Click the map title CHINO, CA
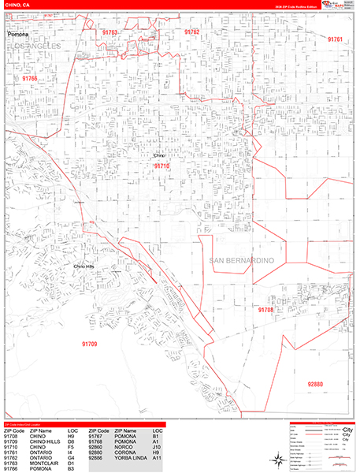pos(17,5)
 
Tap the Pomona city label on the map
pos(17,35)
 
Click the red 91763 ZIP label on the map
pos(109,33)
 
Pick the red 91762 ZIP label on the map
pos(192,32)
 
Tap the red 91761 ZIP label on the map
pos(336,39)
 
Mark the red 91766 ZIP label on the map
pos(29,79)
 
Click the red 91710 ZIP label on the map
pos(161,166)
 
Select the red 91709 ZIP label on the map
pos(89,344)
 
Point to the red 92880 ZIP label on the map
pos(315,384)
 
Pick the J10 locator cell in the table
pos(158,445)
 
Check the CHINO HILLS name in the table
pos(45,440)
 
